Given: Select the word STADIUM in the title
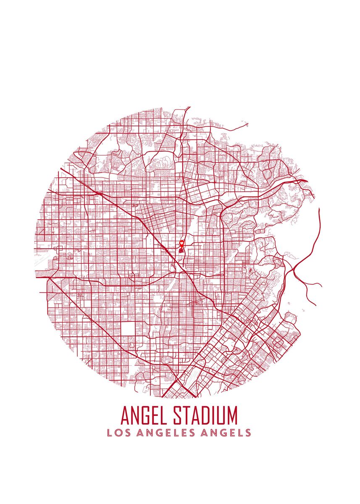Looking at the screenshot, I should coord(205,415).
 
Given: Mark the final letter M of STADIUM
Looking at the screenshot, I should coord(232,415).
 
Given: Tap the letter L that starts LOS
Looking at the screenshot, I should coord(110,433).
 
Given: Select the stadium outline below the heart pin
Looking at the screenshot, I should coord(181,251).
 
